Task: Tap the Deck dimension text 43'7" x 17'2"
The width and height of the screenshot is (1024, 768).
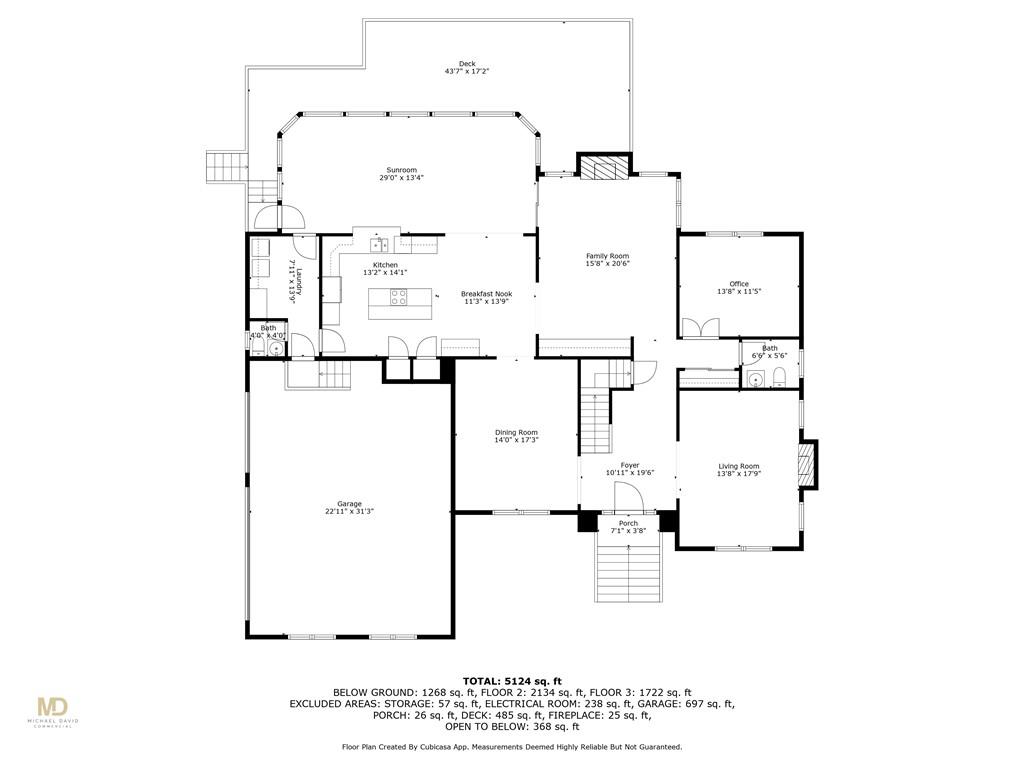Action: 467,71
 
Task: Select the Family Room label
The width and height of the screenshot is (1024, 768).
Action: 607,256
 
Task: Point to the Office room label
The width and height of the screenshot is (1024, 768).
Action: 739,284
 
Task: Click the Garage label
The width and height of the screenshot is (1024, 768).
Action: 349,504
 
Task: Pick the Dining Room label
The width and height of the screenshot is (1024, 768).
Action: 516,432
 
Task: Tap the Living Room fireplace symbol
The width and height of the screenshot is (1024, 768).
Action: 808,464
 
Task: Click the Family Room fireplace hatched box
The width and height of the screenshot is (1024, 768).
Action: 603,167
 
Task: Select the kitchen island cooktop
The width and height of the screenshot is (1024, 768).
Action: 399,297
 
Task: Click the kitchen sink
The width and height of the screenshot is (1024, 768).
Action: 379,244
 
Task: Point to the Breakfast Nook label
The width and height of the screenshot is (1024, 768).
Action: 487,294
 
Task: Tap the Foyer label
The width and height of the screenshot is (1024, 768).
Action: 630,466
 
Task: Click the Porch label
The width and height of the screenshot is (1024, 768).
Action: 628,524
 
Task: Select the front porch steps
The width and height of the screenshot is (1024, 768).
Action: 628,567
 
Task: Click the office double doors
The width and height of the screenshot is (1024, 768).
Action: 701,327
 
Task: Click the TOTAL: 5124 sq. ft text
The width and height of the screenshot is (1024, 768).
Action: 513,681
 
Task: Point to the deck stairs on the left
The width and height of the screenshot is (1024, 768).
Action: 227,167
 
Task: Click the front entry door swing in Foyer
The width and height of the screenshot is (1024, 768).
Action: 629,496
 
